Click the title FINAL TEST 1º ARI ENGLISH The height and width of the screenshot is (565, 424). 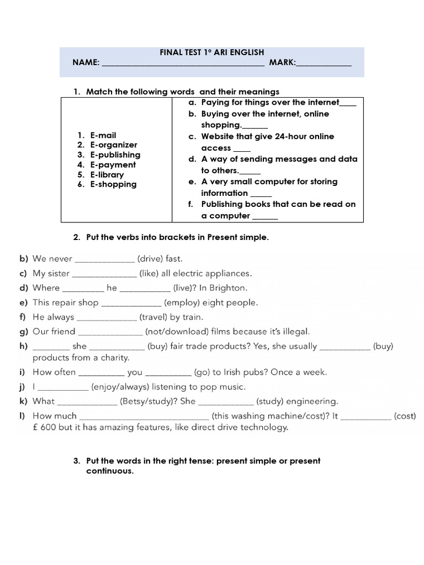(x=212, y=52)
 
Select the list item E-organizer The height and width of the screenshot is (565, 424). (x=114, y=145)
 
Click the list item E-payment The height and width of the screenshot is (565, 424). (x=113, y=165)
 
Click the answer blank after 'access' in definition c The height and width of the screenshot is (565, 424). (x=242, y=150)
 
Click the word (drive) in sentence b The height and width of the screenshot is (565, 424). (x=150, y=258)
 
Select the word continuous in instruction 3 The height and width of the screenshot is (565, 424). (x=110, y=472)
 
